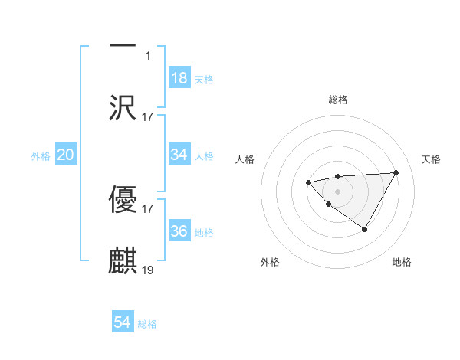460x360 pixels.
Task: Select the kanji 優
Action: (123, 198)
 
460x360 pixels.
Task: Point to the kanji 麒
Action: (123, 260)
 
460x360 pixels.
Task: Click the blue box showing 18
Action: (179, 78)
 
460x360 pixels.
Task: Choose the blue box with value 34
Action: (179, 155)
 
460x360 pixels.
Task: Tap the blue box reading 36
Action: (179, 231)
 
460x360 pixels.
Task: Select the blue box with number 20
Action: (65, 155)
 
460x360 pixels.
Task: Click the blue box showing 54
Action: (123, 322)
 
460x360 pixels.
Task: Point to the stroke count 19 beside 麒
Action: (148, 270)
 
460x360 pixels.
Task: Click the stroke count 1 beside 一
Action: (148, 55)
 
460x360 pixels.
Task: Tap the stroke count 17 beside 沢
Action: (148, 116)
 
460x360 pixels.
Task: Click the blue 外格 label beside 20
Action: (41, 156)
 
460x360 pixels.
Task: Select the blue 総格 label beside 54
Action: (147, 324)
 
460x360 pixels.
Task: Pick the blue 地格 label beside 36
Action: (204, 232)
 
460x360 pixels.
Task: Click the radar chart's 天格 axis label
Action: (432, 159)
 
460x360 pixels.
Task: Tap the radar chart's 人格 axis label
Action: (245, 159)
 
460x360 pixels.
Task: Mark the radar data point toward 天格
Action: (396, 172)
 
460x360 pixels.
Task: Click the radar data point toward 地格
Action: (365, 229)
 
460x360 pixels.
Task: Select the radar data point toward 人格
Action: (308, 182)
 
